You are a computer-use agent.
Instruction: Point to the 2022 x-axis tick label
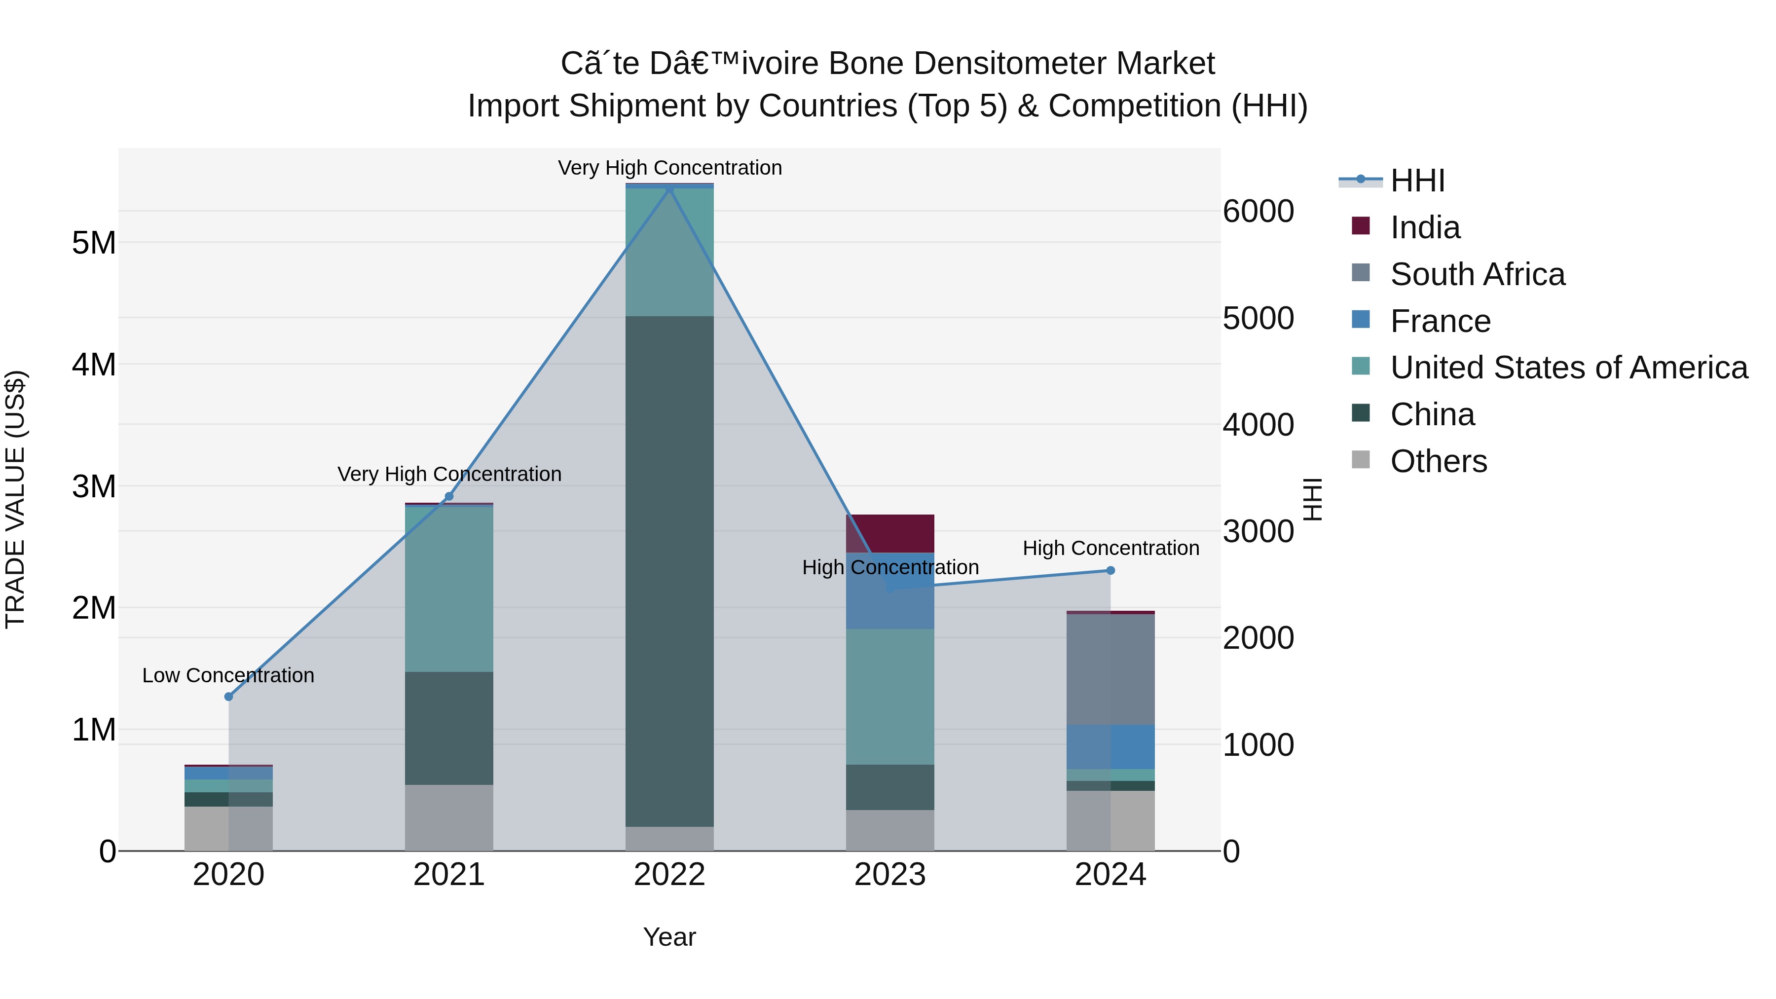tap(669, 875)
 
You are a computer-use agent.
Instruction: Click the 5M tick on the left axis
tap(94, 243)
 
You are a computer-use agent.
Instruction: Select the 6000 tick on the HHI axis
tap(1258, 211)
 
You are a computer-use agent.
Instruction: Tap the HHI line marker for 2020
tap(229, 696)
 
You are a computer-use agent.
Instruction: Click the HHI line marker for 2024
tap(1110, 570)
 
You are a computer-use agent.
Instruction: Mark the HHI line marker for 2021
tap(449, 496)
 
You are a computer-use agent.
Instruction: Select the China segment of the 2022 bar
tap(669, 572)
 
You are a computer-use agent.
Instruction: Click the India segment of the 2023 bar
tap(889, 532)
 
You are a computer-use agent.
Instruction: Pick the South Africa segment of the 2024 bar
tap(1110, 669)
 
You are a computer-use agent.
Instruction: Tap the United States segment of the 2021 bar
tap(449, 590)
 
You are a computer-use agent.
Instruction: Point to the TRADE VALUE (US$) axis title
tap(16, 499)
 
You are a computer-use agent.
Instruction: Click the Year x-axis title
tap(669, 937)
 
